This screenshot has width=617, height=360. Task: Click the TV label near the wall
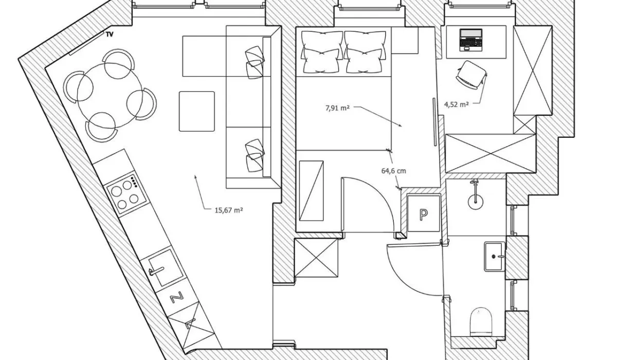110,34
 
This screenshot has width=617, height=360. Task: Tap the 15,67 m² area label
229,210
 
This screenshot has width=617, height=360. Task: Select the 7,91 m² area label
337,108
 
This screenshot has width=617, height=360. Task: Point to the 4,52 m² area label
457,104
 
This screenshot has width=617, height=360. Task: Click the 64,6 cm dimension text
394,171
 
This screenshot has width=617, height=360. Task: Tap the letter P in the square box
423,214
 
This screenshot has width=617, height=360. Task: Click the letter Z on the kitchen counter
176,297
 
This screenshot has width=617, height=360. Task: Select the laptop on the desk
471,40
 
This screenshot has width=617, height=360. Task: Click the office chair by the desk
471,75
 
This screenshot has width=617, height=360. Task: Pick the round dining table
110,95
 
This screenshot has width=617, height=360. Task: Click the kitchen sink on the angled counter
165,268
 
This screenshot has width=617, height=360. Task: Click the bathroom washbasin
495,257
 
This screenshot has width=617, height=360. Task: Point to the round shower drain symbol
476,202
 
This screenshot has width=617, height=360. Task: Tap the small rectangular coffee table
196,111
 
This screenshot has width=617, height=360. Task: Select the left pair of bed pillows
322,52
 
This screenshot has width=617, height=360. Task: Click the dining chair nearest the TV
118,64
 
